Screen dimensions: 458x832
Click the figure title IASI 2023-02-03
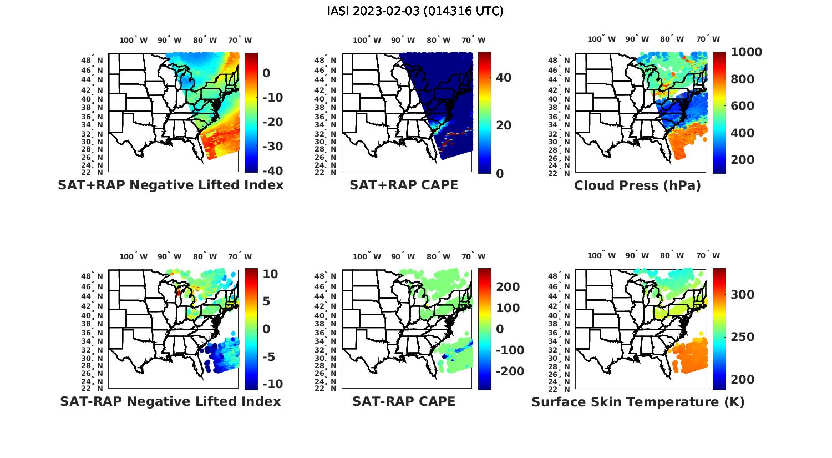click(x=415, y=11)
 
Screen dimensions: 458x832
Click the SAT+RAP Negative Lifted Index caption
click(x=170, y=185)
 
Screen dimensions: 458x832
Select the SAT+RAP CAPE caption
click(x=404, y=185)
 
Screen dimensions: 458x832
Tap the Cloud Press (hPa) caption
click(x=637, y=185)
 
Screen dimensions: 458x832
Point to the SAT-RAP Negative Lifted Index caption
click(x=170, y=401)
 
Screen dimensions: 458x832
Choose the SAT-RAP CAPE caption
click(x=404, y=401)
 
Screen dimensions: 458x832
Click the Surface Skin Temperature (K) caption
click(x=638, y=402)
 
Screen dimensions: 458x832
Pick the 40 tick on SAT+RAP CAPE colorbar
click(x=504, y=78)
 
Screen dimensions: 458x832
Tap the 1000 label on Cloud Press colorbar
click(x=746, y=52)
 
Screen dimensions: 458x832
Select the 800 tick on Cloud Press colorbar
click(x=742, y=79)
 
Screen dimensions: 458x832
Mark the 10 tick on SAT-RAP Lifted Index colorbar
click(x=271, y=274)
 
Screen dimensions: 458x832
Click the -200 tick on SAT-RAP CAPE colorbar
click(x=509, y=371)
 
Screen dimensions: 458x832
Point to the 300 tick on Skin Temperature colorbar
click(x=742, y=295)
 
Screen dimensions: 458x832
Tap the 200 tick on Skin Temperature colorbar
click(x=742, y=380)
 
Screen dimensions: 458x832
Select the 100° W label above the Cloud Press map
click(x=601, y=39)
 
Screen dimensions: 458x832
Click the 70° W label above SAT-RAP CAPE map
click(x=473, y=256)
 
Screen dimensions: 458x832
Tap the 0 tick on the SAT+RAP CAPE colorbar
click(x=500, y=173)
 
